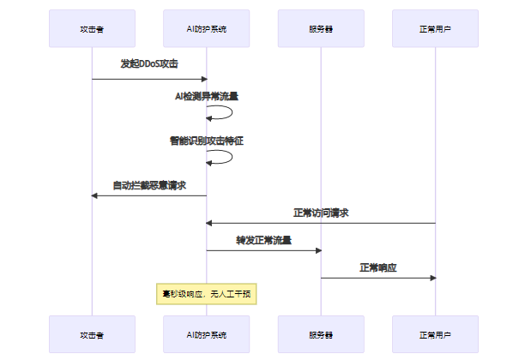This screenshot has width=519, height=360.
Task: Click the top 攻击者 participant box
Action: pos(92,28)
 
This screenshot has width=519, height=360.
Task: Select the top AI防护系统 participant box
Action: pos(206,28)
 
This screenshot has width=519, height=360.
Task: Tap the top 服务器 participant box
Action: pos(321,28)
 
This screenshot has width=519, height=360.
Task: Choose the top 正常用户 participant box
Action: pos(435,28)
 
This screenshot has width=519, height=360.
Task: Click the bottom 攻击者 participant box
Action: pos(92,334)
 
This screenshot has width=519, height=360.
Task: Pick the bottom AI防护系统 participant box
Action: pos(206,334)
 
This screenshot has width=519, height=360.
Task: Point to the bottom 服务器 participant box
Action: pos(321,334)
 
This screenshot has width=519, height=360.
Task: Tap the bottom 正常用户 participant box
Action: pos(435,334)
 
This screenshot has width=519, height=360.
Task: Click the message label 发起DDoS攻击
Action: pos(149,64)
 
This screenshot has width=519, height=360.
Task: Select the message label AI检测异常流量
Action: pos(206,97)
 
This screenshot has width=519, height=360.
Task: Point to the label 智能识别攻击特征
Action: pos(206,141)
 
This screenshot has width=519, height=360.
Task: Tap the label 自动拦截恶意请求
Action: pos(149,184)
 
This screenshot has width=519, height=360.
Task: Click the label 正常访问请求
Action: pos(321,213)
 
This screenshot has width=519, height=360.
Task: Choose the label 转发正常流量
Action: pos(263,240)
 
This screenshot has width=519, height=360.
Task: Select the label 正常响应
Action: pos(377,267)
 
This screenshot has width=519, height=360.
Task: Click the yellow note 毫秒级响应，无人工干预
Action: pos(206,294)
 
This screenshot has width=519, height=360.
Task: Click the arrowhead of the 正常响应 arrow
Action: pos(432,278)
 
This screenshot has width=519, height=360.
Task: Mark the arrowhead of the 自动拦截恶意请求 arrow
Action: pos(95,195)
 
